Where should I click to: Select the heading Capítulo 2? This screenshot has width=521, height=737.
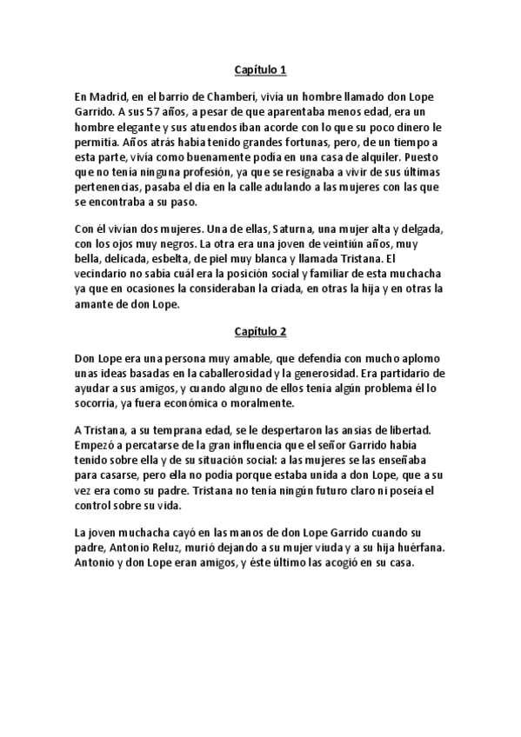[260, 331]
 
